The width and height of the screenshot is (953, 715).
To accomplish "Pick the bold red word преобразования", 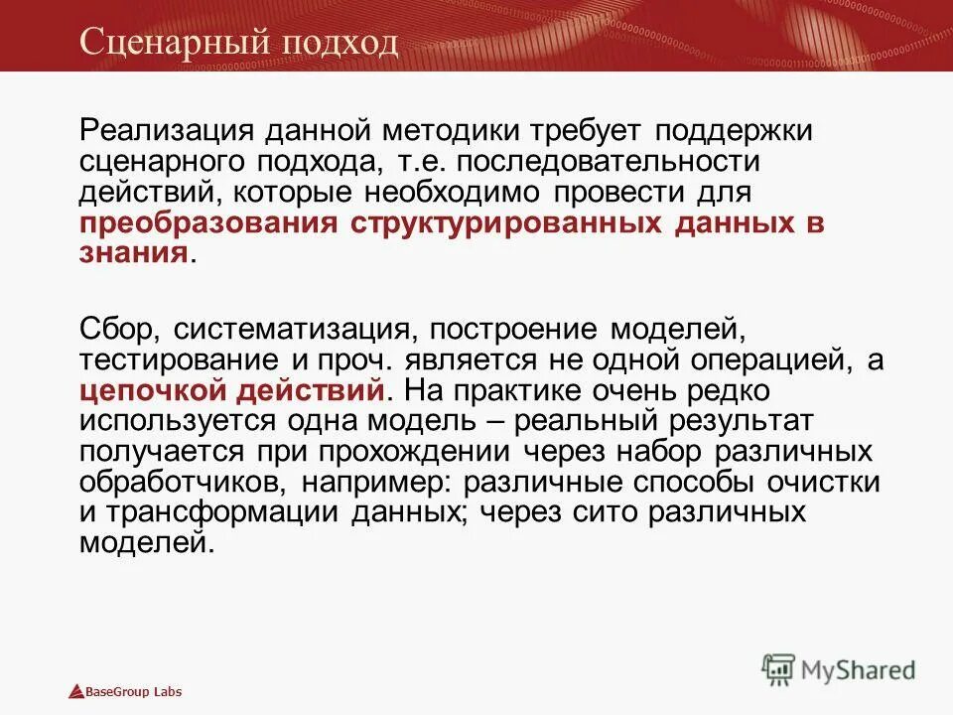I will pos(207,223).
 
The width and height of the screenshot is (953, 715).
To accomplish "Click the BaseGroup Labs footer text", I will pos(133,692).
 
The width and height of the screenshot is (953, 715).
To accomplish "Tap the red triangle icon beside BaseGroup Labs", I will pos(73,692).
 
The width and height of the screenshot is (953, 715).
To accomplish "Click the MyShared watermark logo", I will pos(839,669).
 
